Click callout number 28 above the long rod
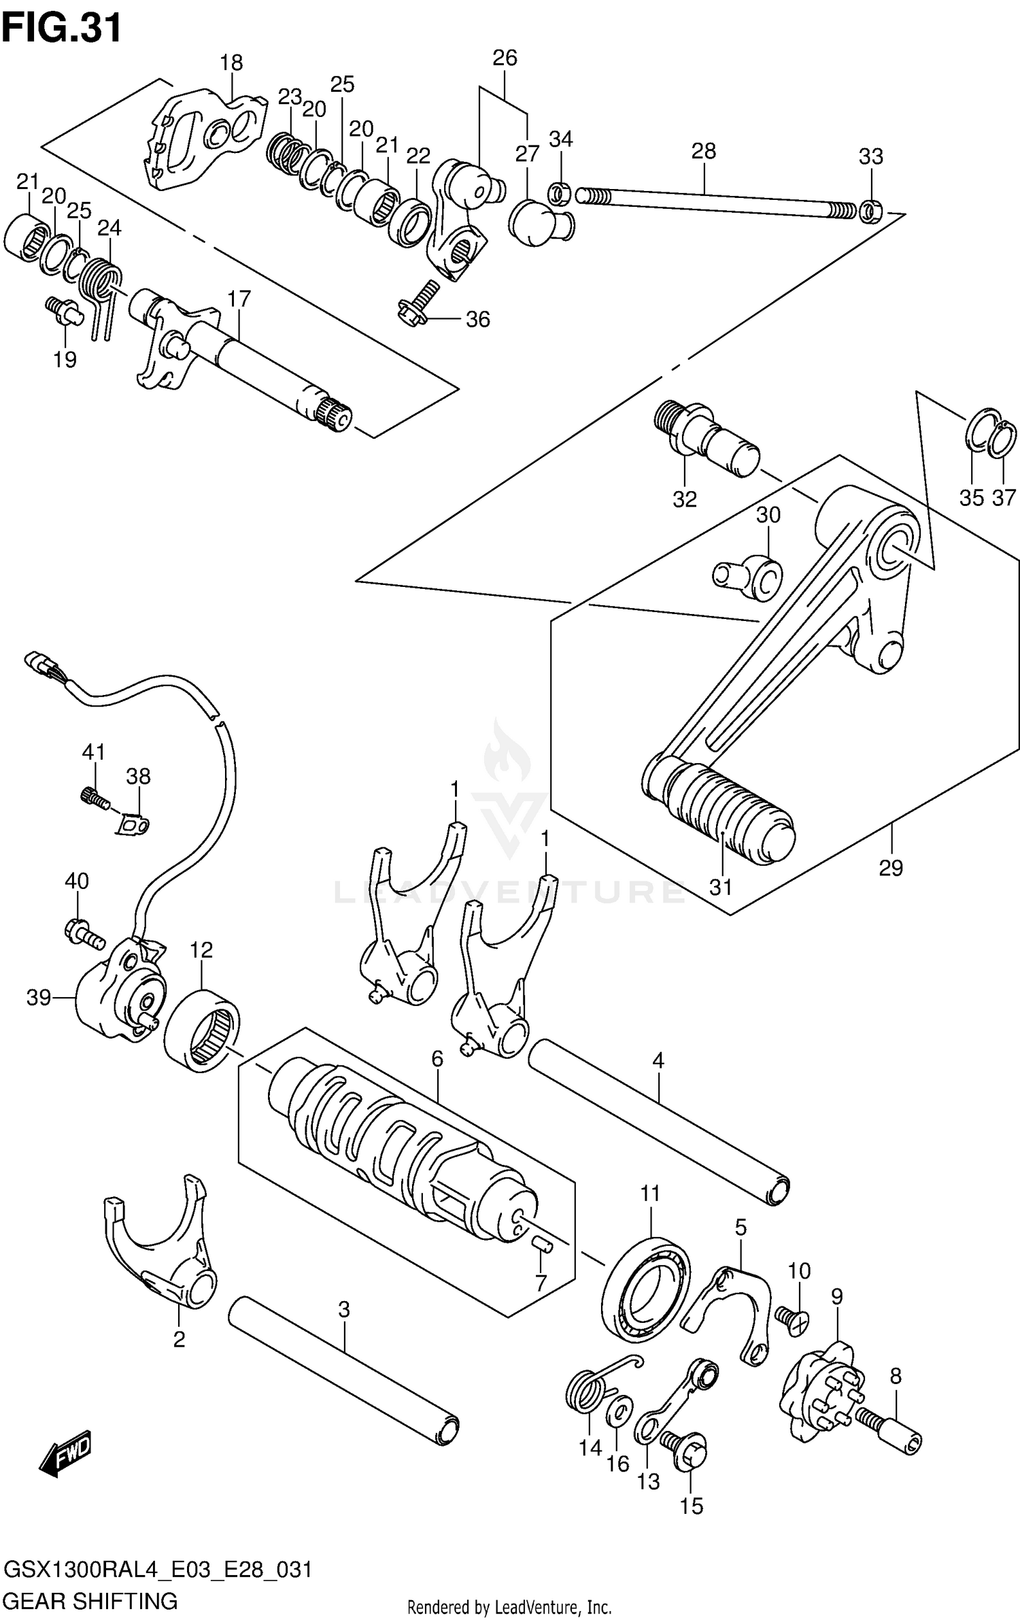point(704,151)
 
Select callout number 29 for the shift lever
point(891,868)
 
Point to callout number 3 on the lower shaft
point(344,1309)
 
